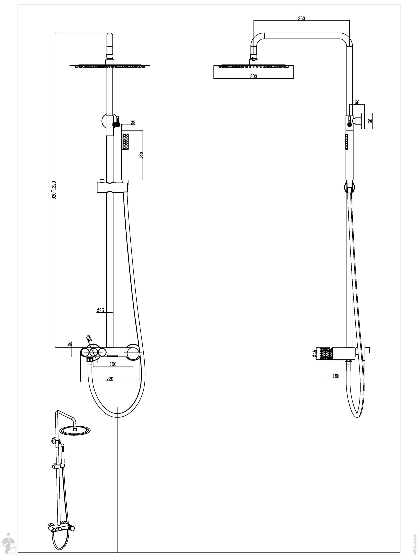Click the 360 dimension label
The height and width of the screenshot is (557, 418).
(x=301, y=18)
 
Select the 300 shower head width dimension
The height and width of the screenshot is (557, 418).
(x=254, y=76)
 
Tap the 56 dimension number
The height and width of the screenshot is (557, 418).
(x=357, y=103)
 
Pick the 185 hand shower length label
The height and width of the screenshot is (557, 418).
(x=141, y=155)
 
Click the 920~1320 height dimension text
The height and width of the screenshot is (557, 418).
(x=54, y=190)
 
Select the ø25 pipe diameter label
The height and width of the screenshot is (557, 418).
(x=100, y=310)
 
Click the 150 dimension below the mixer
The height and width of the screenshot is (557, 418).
(x=113, y=364)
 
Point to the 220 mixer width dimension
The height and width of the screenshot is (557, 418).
(x=110, y=379)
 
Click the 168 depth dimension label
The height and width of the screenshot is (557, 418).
(x=336, y=376)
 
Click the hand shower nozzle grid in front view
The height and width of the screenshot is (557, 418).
(x=125, y=141)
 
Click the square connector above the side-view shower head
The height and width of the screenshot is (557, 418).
(x=254, y=61)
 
